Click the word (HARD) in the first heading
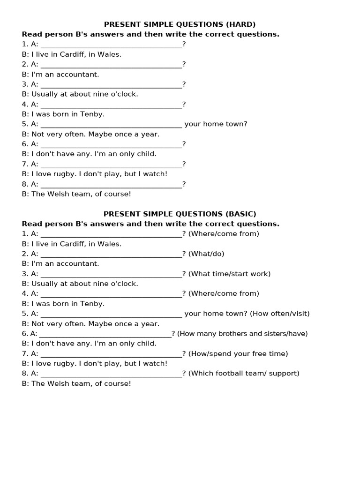pyautogui.click(x=240, y=24)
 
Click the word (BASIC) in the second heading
pyautogui.click(x=241, y=214)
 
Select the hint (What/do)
pyautogui.click(x=206, y=254)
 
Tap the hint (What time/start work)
pyautogui.click(x=229, y=274)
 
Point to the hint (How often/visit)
pyautogui.click(x=280, y=314)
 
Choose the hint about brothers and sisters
pyautogui.click(x=242, y=334)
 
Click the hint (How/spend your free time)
pyautogui.click(x=238, y=353)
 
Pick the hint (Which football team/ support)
pyautogui.click(x=244, y=373)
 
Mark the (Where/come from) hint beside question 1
pyautogui.click(x=224, y=233)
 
